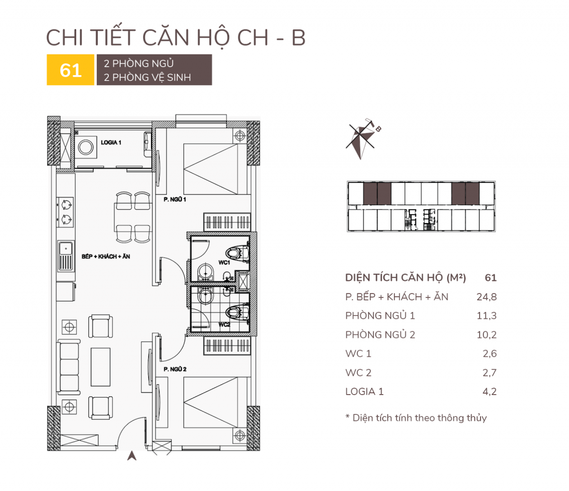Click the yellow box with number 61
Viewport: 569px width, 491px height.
pyautogui.click(x=71, y=70)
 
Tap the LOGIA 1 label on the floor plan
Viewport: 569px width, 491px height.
pyautogui.click(x=111, y=142)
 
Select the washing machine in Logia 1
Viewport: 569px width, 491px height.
pyautogui.click(x=86, y=147)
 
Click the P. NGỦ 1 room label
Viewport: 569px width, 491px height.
pyautogui.click(x=175, y=200)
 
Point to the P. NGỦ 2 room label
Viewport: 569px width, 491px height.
pyautogui.click(x=175, y=369)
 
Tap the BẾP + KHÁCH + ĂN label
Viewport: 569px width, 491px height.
pyautogui.click(x=106, y=256)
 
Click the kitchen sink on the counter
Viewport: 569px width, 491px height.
pyautogui.click(x=66, y=256)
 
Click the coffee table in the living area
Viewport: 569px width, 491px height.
pyautogui.click(x=101, y=367)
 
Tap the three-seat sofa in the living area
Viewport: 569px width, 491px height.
pyautogui.click(x=68, y=367)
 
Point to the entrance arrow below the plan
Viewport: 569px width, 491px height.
pyautogui.click(x=132, y=456)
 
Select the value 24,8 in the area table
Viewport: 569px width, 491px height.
pyautogui.click(x=487, y=297)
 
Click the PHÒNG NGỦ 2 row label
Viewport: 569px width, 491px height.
pyautogui.click(x=380, y=335)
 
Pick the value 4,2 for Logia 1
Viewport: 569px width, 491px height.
pyautogui.click(x=490, y=391)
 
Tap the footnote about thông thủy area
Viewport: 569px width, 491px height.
pyautogui.click(x=416, y=418)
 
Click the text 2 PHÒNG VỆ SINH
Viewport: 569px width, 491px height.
pyautogui.click(x=147, y=77)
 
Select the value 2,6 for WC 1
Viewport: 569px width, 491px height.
pyautogui.click(x=490, y=354)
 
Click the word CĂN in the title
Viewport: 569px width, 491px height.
pyautogui.click(x=166, y=38)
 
